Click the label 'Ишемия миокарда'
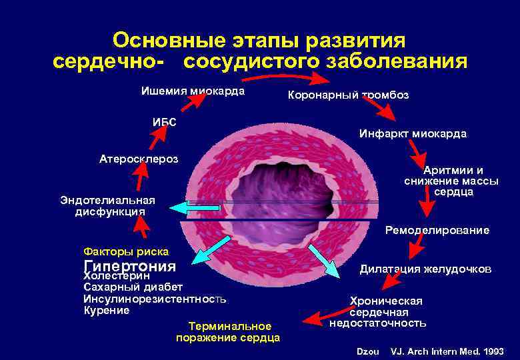(x=193, y=91)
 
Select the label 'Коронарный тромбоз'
(x=348, y=95)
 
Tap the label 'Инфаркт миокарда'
(x=413, y=134)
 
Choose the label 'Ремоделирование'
(x=437, y=230)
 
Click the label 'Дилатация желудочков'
(x=425, y=269)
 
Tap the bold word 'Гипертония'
(x=129, y=265)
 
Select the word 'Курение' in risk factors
(x=107, y=311)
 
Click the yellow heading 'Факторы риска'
(x=126, y=251)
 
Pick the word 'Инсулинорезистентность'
(x=155, y=299)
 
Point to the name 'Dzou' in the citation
(x=368, y=351)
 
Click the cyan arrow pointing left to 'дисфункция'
(x=194, y=208)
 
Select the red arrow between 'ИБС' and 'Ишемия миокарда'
(x=194, y=102)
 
